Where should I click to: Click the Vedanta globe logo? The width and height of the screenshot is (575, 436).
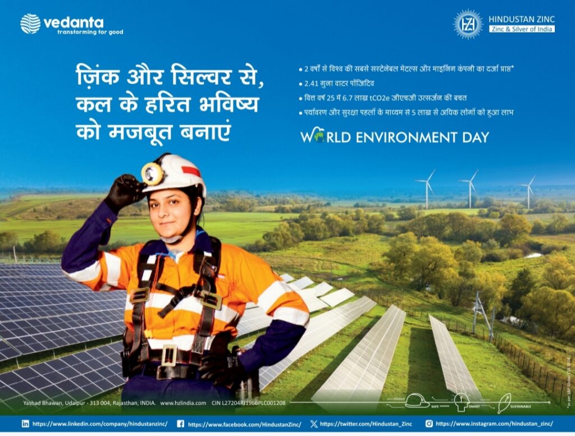(30, 24)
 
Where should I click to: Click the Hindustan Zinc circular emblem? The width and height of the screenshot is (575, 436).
(468, 24)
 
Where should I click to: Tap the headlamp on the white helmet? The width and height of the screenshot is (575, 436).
(152, 173)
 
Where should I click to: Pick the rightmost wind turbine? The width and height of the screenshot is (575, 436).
(528, 191)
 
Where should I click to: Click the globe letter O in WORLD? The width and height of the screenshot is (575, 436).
(319, 137)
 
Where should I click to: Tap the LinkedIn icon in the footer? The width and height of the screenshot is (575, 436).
(25, 424)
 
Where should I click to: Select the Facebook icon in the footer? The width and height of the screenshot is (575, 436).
(180, 424)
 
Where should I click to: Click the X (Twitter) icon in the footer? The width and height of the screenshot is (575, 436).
(314, 424)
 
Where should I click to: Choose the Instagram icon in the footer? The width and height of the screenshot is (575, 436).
(428, 424)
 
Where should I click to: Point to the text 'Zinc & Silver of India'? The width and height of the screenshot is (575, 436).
(522, 29)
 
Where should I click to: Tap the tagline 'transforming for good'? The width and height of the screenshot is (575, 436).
(90, 32)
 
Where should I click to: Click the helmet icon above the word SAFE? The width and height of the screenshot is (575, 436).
(416, 400)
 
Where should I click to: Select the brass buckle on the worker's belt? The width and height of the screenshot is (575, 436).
(169, 356)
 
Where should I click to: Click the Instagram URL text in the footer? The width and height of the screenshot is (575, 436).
(494, 424)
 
